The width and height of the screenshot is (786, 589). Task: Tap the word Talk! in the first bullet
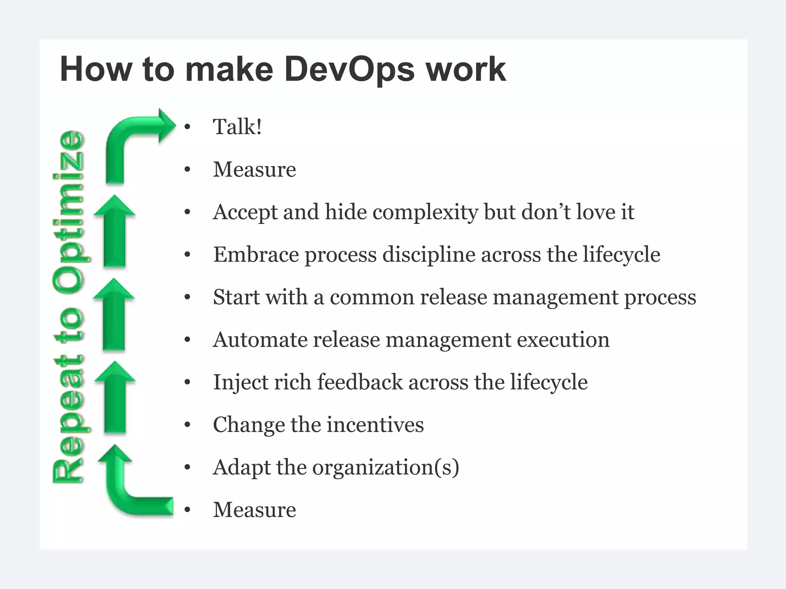pyautogui.click(x=238, y=127)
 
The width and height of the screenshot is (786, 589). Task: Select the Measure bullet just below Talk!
pyautogui.click(x=254, y=169)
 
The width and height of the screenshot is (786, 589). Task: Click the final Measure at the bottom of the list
pyautogui.click(x=254, y=510)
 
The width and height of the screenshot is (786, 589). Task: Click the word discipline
pyautogui.click(x=429, y=255)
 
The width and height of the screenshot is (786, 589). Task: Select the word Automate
pyautogui.click(x=260, y=340)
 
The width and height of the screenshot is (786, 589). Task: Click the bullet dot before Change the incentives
pyautogui.click(x=187, y=425)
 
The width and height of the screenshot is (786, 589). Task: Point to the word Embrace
pyautogui.click(x=256, y=255)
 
